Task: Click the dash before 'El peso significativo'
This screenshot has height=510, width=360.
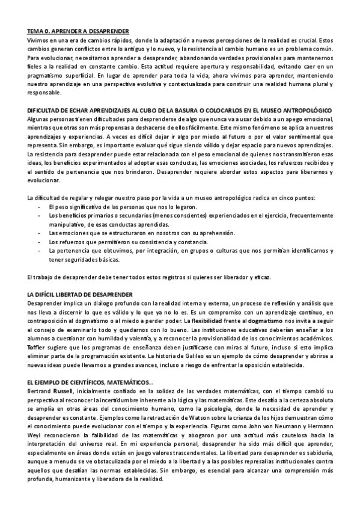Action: [39, 207]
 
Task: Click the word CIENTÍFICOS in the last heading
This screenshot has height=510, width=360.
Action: [90, 382]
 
